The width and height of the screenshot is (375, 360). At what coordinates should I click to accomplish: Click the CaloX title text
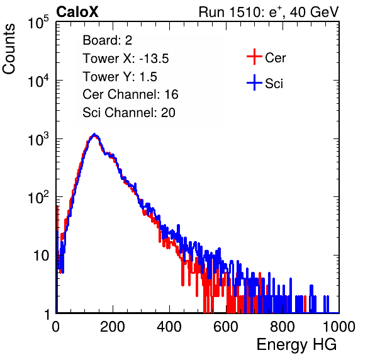77,12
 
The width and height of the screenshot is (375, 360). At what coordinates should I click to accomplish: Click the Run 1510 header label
269,12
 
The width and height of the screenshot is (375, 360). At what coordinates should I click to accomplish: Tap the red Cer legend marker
254,57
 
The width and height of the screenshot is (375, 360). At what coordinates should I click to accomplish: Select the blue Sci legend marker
254,82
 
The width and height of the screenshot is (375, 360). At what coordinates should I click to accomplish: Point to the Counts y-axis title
9,49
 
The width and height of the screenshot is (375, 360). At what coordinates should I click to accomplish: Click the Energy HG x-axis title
296,345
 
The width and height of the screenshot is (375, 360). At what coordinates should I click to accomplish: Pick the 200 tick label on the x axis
113,327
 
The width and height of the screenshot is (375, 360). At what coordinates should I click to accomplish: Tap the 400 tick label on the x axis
169,327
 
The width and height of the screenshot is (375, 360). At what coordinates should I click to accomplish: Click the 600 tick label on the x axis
226,327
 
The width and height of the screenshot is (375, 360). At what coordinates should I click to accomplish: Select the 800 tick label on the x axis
283,327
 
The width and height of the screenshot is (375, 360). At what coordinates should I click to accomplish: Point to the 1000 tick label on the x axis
339,327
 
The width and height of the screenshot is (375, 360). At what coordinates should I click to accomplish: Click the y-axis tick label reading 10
41,256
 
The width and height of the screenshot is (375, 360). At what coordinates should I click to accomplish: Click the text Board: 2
108,40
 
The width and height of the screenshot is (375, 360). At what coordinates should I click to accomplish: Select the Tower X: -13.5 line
126,59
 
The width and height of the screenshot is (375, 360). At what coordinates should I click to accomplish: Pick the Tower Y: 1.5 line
120,77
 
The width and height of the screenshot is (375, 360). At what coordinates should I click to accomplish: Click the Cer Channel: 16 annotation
131,94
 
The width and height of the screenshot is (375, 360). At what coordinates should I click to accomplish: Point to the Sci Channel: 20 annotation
129,113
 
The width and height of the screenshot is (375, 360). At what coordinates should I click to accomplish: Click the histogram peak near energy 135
94,135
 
